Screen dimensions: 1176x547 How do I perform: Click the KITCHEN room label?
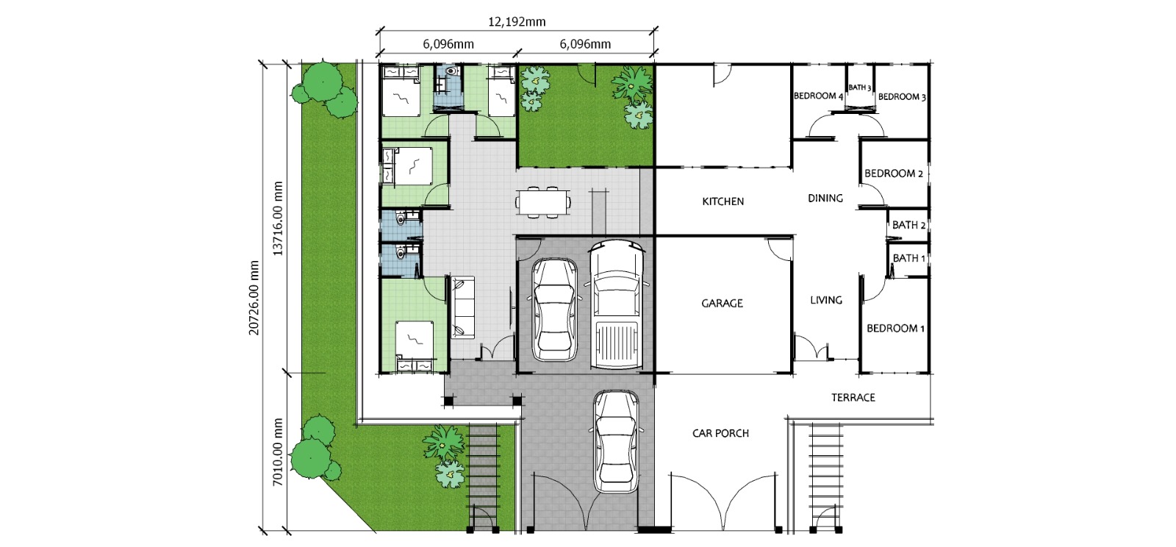pyautogui.click(x=723, y=201)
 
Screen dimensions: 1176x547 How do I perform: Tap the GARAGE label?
pyautogui.click(x=722, y=304)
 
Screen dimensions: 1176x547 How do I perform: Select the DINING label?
pyautogui.click(x=825, y=199)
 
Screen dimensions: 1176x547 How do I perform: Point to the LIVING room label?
pyautogui.click(x=826, y=300)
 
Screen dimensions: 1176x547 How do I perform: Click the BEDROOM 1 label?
pyautogui.click(x=895, y=329)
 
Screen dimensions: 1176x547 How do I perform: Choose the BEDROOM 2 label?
pyautogui.click(x=894, y=174)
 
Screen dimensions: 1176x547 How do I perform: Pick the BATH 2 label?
pyautogui.click(x=908, y=225)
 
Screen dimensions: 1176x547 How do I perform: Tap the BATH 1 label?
pyautogui.click(x=908, y=258)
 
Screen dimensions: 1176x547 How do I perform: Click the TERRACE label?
pyautogui.click(x=853, y=398)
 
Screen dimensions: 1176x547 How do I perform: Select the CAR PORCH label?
pyautogui.click(x=720, y=434)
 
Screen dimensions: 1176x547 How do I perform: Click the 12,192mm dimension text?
pyautogui.click(x=517, y=22)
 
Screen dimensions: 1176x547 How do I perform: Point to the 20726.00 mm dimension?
pyautogui.click(x=254, y=298)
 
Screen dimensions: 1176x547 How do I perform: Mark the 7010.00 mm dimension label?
pyautogui.click(x=279, y=452)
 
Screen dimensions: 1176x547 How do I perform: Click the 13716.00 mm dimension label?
pyautogui.click(x=279, y=218)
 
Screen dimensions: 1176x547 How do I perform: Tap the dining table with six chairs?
pyautogui.click(x=543, y=201)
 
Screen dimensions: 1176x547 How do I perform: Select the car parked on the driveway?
pyautogui.click(x=616, y=441)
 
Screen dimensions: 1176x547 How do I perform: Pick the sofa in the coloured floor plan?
pyautogui.click(x=462, y=307)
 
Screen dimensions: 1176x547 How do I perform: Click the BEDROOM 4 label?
pyautogui.click(x=818, y=96)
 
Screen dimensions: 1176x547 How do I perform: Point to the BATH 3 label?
pyautogui.click(x=859, y=87)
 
